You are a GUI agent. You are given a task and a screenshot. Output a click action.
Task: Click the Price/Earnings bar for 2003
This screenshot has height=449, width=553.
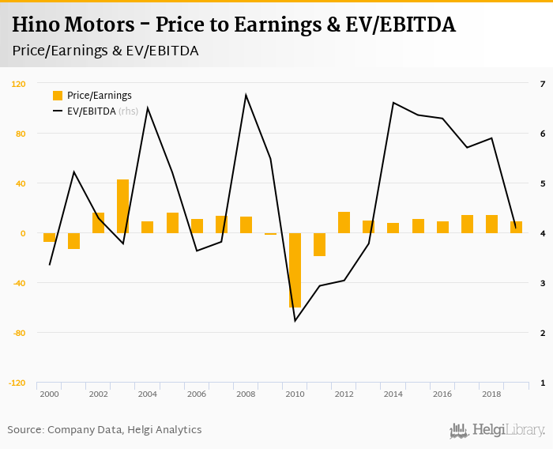click(122, 206)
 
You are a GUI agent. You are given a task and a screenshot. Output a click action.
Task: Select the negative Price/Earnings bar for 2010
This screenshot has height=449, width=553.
click(295, 270)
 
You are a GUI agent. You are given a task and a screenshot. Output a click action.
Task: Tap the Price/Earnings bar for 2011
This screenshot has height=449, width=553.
click(319, 244)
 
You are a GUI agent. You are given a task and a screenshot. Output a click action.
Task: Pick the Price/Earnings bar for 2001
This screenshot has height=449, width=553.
click(73, 241)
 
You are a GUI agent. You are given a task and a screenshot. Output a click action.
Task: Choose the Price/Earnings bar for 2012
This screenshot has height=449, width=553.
click(344, 222)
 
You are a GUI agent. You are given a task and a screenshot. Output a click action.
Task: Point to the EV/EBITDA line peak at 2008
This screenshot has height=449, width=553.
click(246, 95)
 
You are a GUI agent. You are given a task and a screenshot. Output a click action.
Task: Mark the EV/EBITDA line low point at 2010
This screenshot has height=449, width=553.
click(295, 320)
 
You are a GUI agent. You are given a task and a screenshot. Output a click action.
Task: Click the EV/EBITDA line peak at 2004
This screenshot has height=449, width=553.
click(148, 108)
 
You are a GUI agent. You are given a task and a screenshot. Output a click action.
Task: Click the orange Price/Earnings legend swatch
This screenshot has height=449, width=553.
click(57, 96)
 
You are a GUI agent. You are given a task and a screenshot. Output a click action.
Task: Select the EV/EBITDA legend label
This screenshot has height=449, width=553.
click(91, 111)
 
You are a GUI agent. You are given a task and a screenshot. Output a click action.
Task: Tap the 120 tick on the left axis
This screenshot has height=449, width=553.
click(18, 84)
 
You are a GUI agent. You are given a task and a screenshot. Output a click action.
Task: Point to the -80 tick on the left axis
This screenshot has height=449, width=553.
click(18, 333)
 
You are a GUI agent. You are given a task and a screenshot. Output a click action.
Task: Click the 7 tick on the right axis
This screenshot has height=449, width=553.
click(542, 84)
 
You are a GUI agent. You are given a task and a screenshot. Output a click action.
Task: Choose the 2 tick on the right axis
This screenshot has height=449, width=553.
click(542, 333)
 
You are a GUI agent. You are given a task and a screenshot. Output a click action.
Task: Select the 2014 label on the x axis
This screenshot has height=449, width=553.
click(393, 394)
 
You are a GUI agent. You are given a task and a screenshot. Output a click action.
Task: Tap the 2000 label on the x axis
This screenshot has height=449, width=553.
click(49, 394)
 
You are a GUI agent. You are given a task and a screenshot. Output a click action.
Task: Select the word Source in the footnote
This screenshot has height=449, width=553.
click(25, 430)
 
